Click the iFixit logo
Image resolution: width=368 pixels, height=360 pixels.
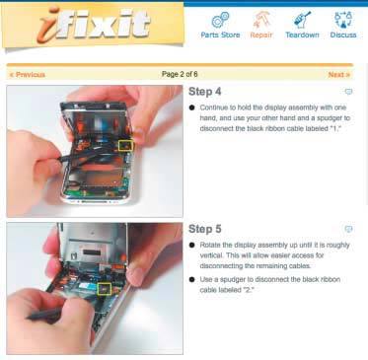94,26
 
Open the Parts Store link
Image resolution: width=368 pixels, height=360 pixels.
220,35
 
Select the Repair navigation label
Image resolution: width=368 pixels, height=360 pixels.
261,35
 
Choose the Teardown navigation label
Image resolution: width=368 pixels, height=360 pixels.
302,35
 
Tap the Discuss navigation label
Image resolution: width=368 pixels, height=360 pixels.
343,35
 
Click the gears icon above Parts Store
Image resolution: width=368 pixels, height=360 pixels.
220,20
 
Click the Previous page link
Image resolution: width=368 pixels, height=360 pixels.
27,75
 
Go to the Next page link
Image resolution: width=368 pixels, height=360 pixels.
339,75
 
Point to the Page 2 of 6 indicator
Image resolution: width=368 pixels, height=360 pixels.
180,74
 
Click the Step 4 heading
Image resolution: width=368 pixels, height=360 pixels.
204,92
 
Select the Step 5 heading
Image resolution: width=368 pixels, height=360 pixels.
204,229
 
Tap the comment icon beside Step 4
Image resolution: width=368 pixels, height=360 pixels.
348,92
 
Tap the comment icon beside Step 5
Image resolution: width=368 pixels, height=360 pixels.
348,229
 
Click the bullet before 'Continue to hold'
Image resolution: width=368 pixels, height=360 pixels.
192,108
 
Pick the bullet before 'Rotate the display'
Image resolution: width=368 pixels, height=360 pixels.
192,245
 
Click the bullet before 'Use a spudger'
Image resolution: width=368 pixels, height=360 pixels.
192,279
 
